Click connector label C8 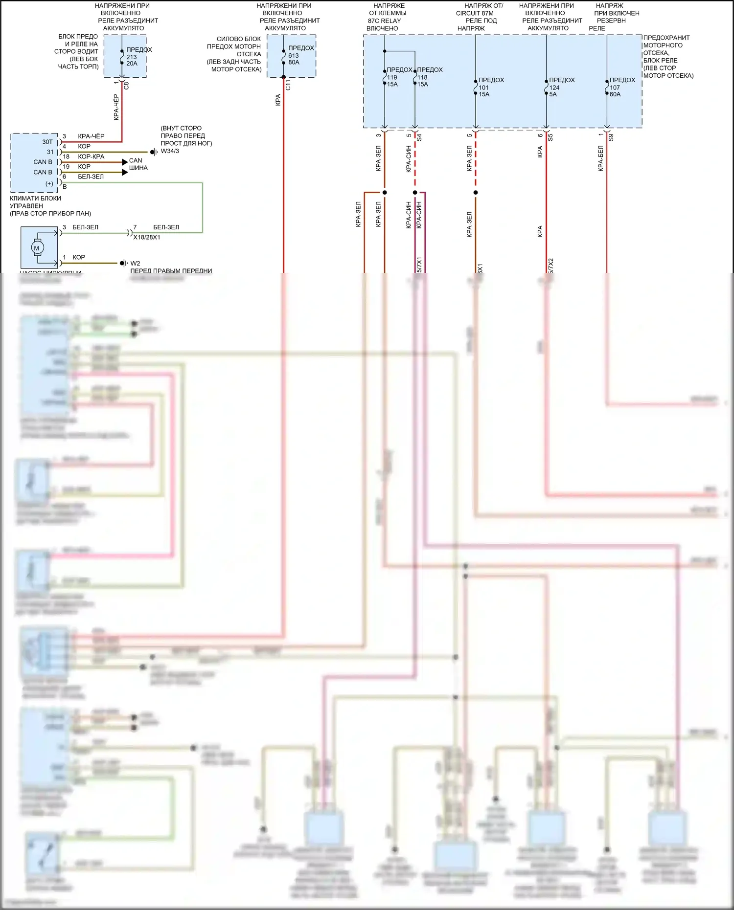coord(126,85)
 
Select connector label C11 coord(288,85)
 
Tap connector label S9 coord(611,138)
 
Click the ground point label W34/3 coord(170,151)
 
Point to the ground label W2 coord(135,264)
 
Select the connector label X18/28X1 coord(147,237)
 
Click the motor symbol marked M coord(36,248)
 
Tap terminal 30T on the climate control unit coord(47,142)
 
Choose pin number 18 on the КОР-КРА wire coord(66,156)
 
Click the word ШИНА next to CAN coord(138,168)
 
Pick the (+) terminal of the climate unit coord(49,184)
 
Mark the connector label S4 coord(419,138)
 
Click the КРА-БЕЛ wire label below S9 coord(601,158)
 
